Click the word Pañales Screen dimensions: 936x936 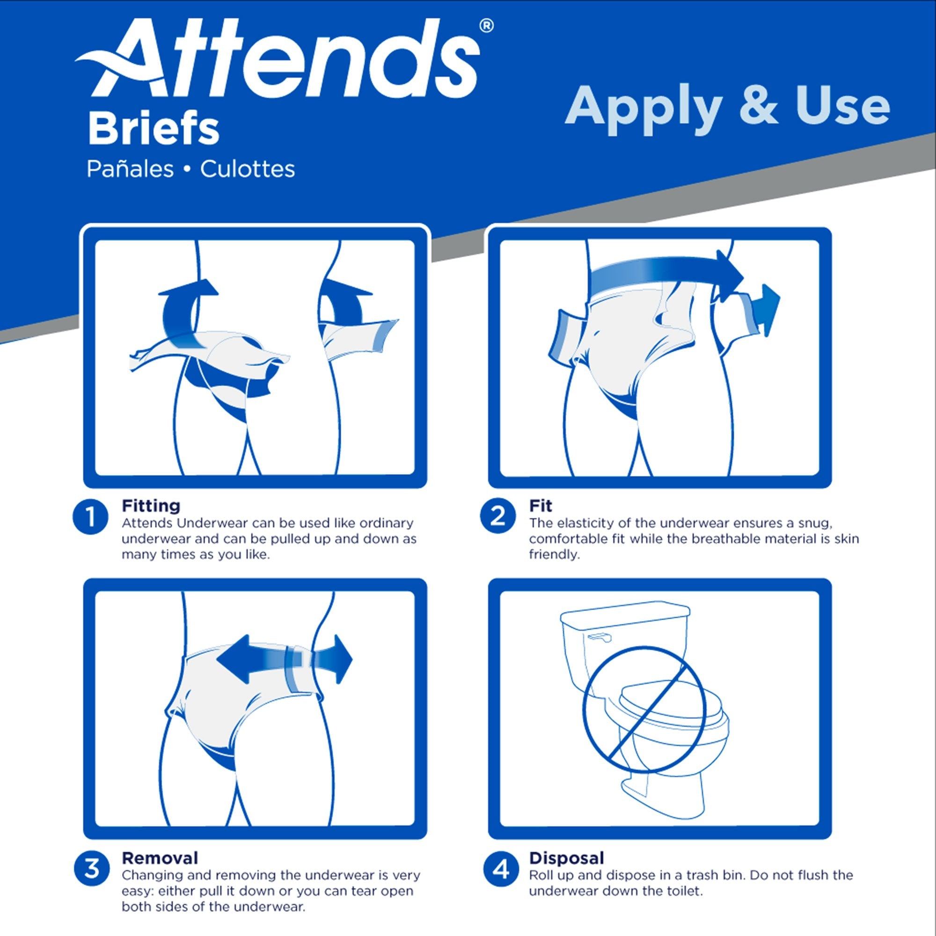[x=130, y=169]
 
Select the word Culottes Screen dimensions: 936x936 [x=248, y=169]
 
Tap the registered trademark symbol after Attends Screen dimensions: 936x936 [x=486, y=26]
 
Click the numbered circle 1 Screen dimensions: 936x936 [x=91, y=517]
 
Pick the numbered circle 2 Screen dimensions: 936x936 [x=497, y=517]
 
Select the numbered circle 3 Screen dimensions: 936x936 [x=92, y=869]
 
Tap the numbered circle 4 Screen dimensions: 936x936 [x=500, y=869]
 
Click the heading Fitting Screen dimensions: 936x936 [x=151, y=506]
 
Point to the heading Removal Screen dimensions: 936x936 [x=160, y=858]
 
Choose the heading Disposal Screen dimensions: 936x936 [x=566, y=858]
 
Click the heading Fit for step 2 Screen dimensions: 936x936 [x=540, y=506]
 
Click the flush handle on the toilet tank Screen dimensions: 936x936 [x=600, y=638]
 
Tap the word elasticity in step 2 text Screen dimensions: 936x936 [x=582, y=523]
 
